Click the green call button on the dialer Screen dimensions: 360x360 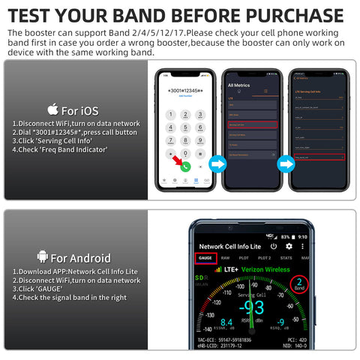186,166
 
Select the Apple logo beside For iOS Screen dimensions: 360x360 53,109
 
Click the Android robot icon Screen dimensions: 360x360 43,257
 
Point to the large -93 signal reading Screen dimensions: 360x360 251,307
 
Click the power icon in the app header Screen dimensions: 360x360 274,246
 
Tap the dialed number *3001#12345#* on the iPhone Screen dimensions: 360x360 185,91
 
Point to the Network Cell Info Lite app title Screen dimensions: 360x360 230,246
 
